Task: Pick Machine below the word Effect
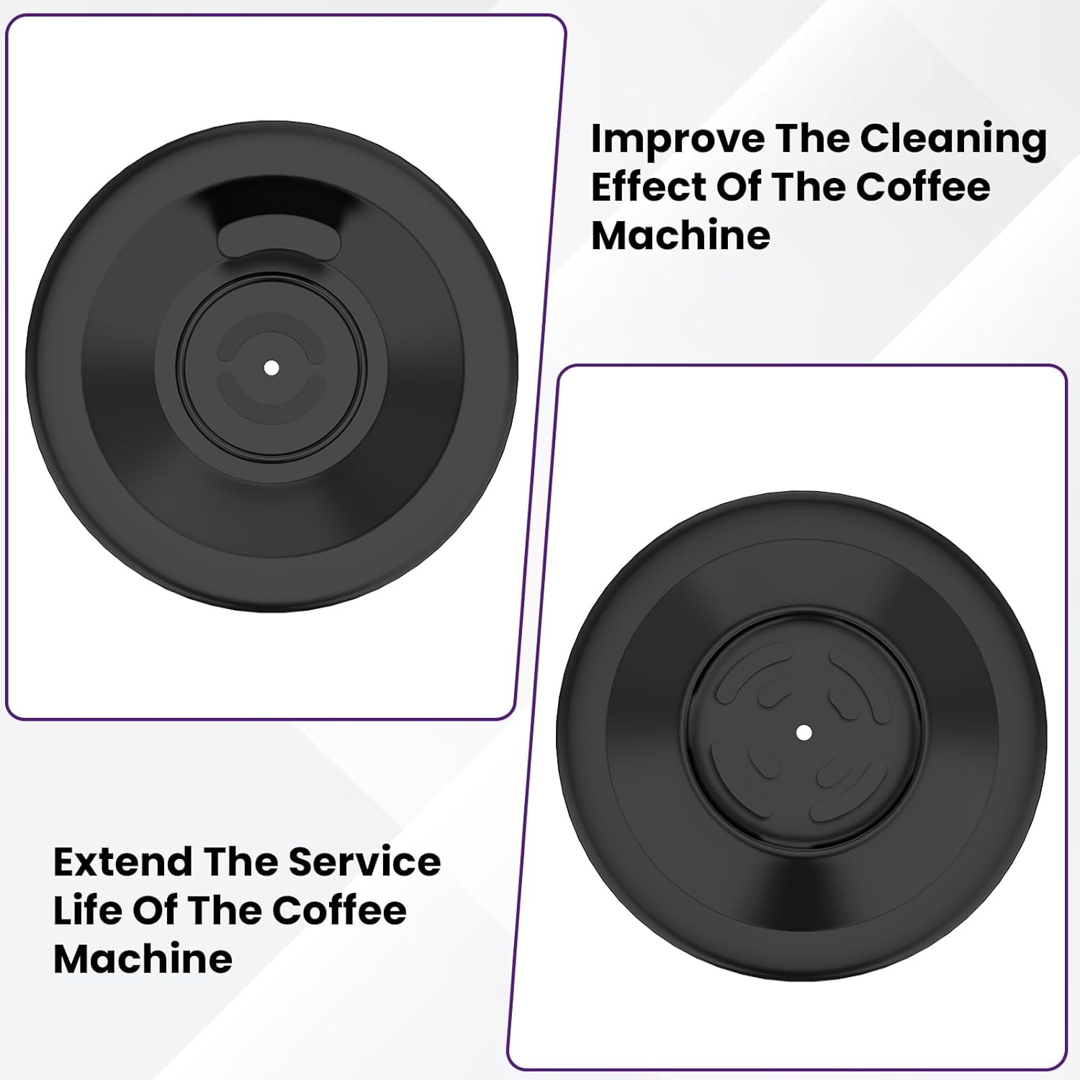[x=680, y=235]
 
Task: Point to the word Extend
[x=122, y=862]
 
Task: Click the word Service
[x=364, y=862]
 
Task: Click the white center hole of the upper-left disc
[x=271, y=368]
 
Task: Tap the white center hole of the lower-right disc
[x=804, y=733]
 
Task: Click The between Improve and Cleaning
[x=811, y=140]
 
